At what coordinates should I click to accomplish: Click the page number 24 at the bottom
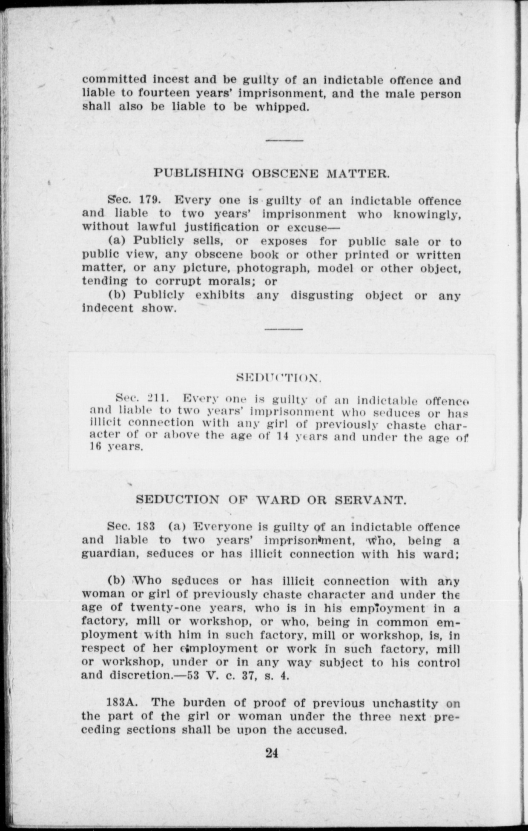[271, 753]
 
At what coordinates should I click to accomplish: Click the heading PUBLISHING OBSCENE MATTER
[271, 173]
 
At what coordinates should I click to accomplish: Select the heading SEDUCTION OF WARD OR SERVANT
[271, 500]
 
